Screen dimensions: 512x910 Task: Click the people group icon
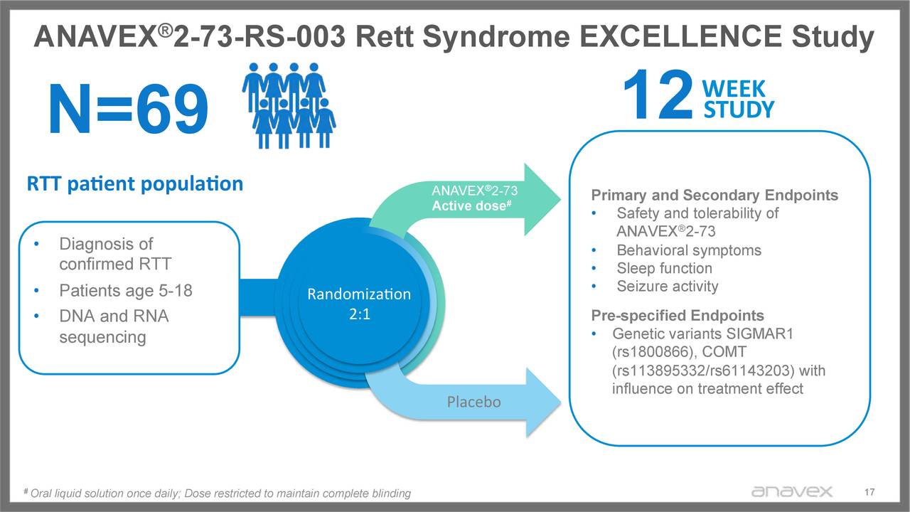tap(288, 105)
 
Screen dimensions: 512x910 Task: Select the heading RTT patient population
tap(134, 183)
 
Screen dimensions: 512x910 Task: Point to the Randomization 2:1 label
tap(358, 304)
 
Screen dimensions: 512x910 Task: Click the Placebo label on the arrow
tap(473, 402)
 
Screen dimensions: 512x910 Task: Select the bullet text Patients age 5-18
tap(125, 291)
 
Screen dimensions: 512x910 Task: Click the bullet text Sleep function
tap(664, 268)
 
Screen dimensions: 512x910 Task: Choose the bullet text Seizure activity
tap(667, 286)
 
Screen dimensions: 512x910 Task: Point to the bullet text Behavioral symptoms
tap(688, 250)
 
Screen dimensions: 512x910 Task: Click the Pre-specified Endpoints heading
tap(678, 316)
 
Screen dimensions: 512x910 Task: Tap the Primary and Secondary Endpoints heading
tap(714, 196)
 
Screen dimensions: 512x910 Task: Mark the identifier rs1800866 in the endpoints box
tap(653, 353)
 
